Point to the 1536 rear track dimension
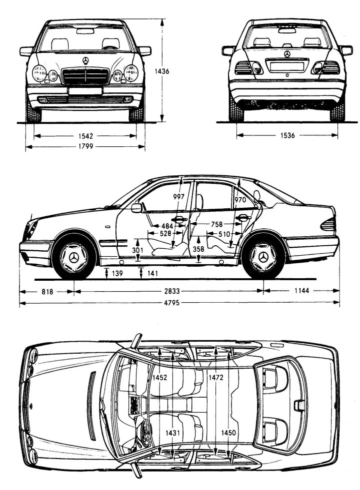pos(287,135)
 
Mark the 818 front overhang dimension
pos(46,291)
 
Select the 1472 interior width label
pos(216,378)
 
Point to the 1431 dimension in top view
pos(174,433)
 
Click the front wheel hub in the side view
pos(74,258)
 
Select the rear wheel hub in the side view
pos(263,258)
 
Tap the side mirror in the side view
pos(136,208)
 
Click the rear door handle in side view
pos(243,218)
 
